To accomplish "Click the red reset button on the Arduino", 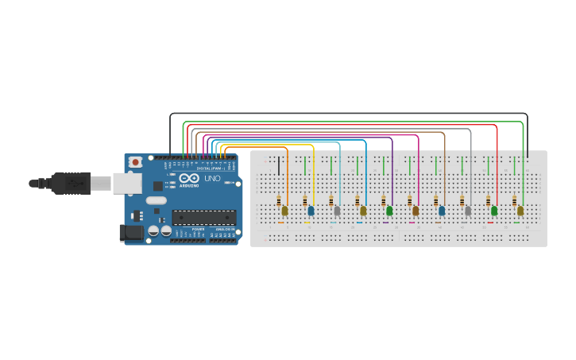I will [x=135, y=162].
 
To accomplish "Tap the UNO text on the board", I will [x=212, y=179].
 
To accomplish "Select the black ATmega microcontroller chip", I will [x=204, y=217].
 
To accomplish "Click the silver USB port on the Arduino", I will [x=126, y=184].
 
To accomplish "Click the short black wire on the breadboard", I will [x=279, y=165].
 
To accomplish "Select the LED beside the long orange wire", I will [x=284, y=211].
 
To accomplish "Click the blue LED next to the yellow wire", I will [x=311, y=211].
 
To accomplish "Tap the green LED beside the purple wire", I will [x=389, y=211].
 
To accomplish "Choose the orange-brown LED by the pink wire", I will [x=416, y=211].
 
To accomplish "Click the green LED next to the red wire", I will [x=494, y=211].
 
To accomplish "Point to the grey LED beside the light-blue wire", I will [x=337, y=211].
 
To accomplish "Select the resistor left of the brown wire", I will [x=435, y=201].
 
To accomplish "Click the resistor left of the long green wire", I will [x=514, y=201].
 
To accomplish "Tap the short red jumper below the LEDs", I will [x=490, y=223].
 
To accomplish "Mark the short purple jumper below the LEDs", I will [x=385, y=223].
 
